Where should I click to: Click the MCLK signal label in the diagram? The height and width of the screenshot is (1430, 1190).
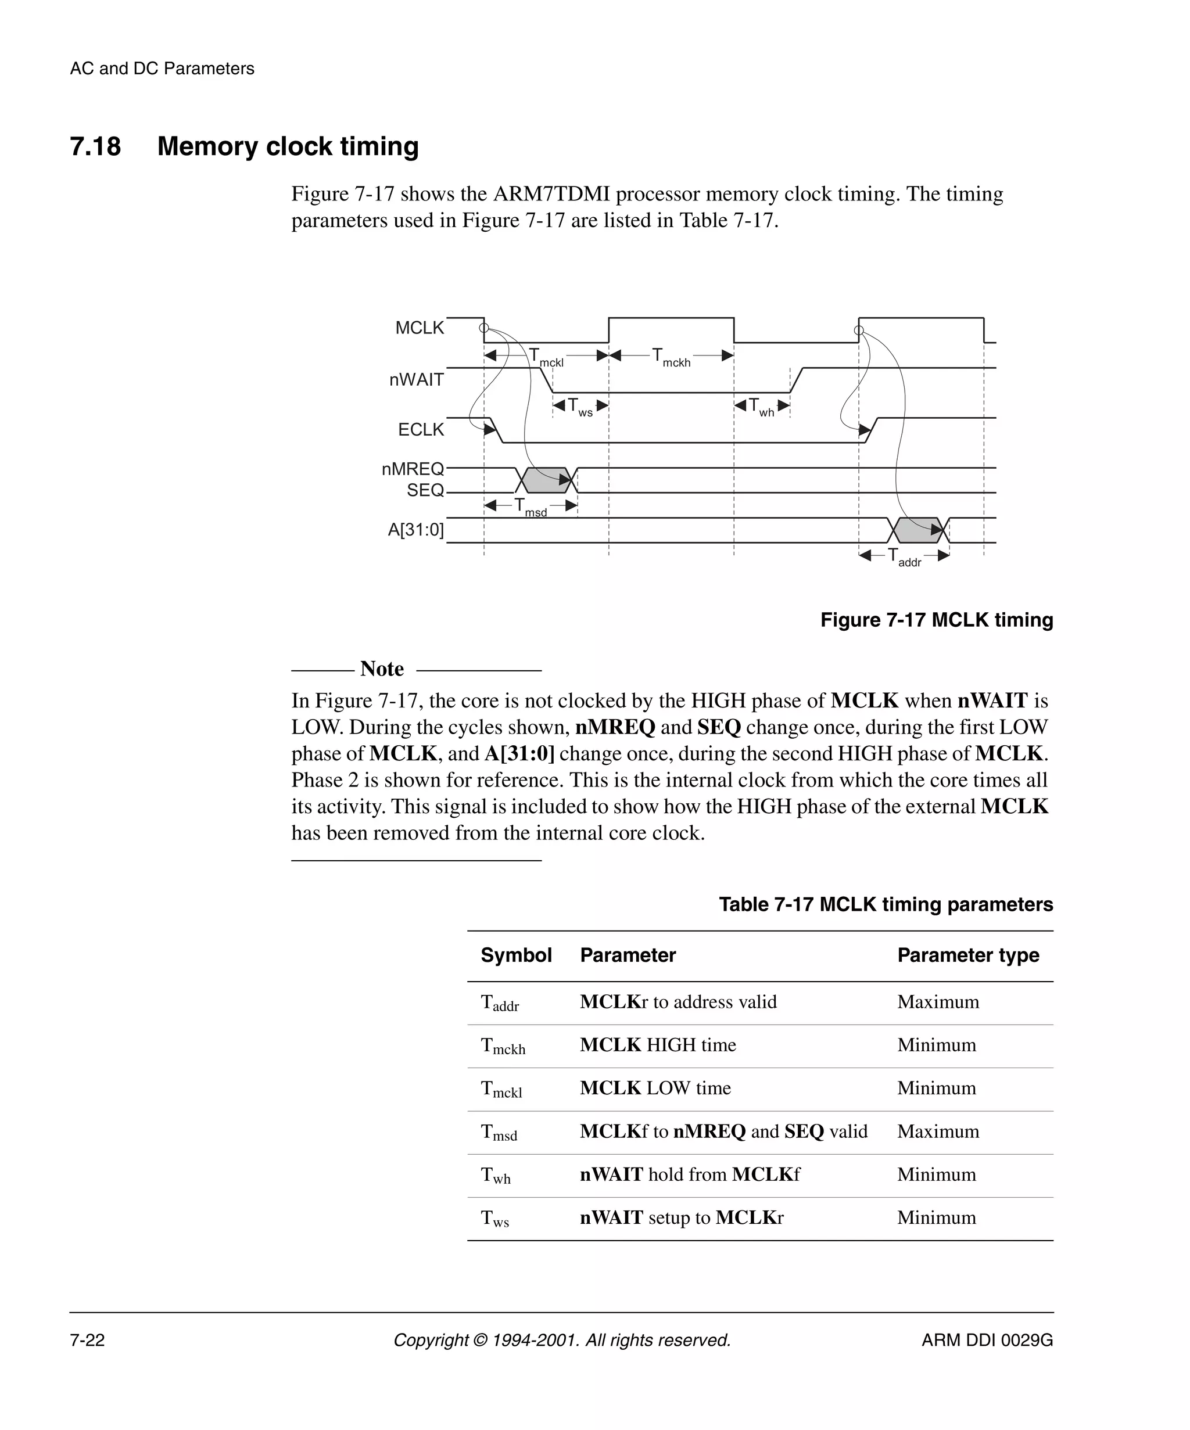tap(419, 328)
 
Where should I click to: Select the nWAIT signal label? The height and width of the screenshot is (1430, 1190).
tap(416, 380)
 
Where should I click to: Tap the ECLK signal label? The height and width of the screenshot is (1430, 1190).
tap(420, 430)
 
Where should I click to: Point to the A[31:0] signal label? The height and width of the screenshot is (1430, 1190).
tap(415, 530)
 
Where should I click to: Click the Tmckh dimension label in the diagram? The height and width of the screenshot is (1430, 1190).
tap(671, 357)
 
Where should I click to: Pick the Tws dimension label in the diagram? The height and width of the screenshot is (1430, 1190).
tap(580, 407)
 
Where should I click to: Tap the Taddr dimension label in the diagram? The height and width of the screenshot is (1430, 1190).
tap(904, 557)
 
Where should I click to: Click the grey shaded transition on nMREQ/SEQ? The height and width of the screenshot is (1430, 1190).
tap(546, 481)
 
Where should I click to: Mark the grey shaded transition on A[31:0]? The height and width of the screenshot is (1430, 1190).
tap(917, 530)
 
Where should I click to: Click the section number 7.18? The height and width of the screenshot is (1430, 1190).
tap(95, 147)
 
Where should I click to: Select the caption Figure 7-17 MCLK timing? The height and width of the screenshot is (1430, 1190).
tap(936, 620)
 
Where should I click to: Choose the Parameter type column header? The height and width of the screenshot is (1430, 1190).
tap(967, 955)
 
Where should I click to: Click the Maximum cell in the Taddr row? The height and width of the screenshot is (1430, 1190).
tap(937, 1003)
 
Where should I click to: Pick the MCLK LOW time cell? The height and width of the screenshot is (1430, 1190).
tap(655, 1088)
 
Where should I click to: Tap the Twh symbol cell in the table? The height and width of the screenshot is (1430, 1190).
tap(495, 1176)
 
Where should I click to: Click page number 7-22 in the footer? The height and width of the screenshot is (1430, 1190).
tap(87, 1340)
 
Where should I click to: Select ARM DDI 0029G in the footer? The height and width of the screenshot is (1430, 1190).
tap(986, 1340)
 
